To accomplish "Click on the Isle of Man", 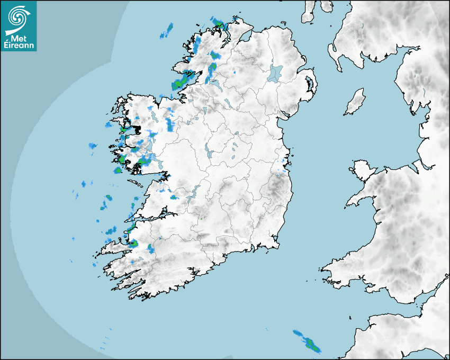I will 355,102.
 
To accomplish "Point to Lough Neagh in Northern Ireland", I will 276,73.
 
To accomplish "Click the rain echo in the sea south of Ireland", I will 308,342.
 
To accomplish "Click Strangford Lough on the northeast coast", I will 309,84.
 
